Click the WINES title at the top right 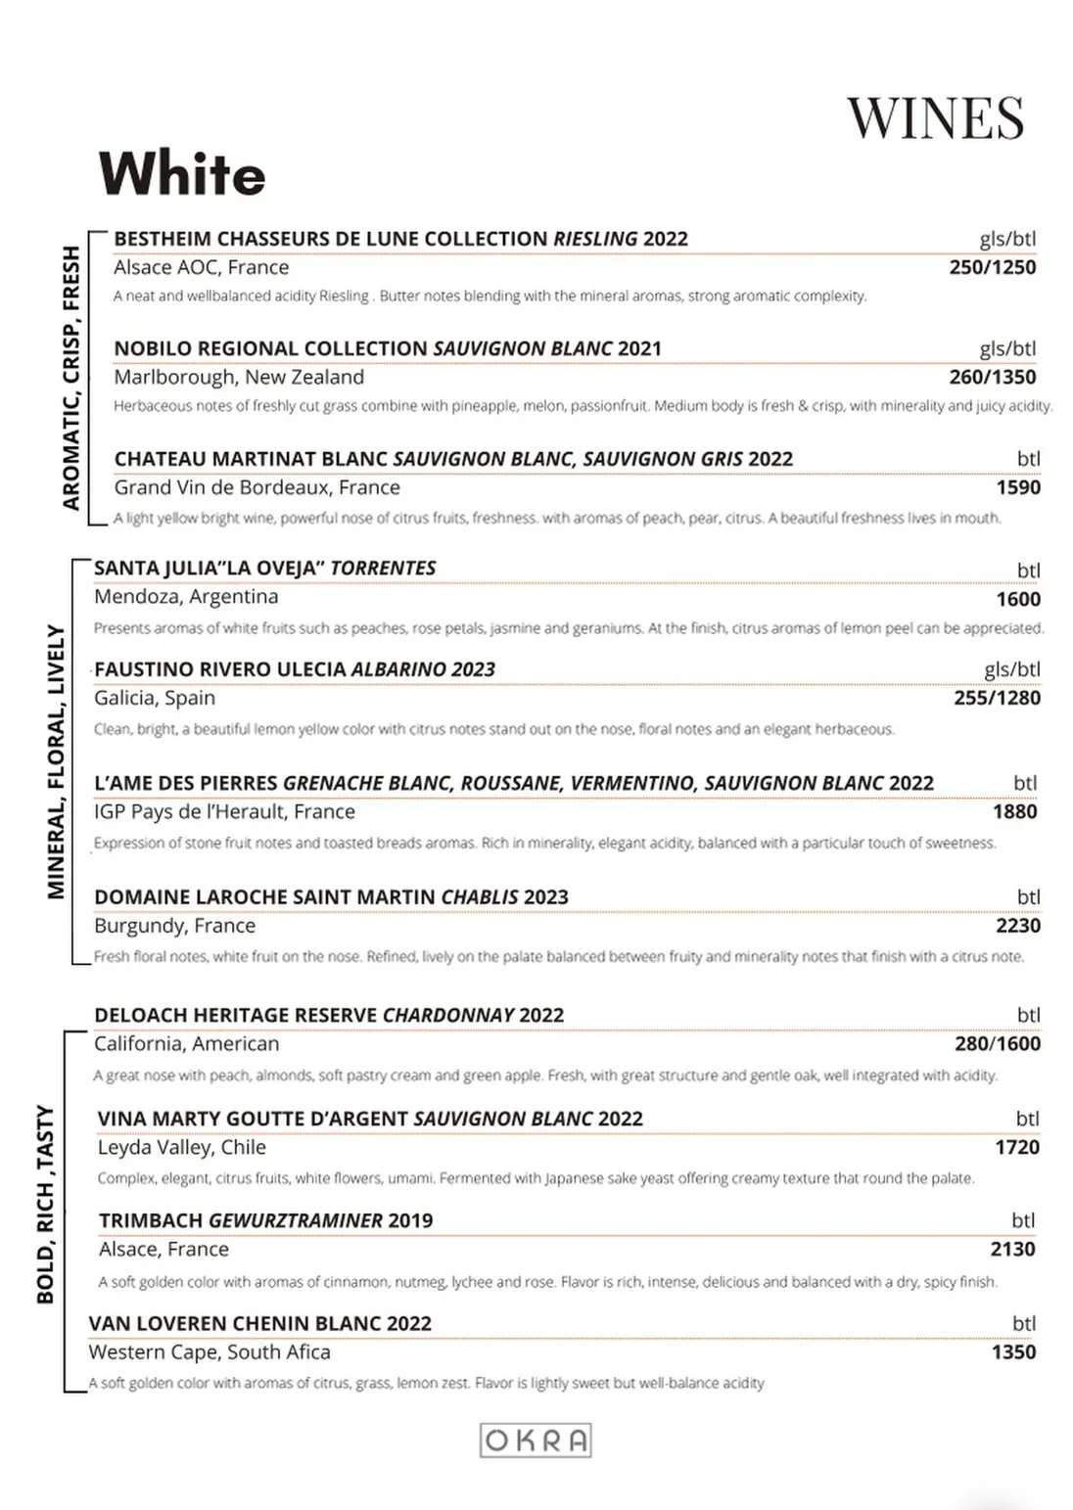point(935,118)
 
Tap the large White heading point(182,174)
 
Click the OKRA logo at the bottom point(536,1441)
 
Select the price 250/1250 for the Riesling point(992,267)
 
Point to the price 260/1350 point(992,377)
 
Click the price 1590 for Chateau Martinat point(1018,487)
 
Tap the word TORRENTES point(383,568)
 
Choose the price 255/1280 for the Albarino point(997,698)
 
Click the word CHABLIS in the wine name point(479,897)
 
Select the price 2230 point(1018,926)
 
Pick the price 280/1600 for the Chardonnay point(997,1043)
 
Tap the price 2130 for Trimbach point(1012,1249)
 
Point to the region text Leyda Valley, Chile point(182,1147)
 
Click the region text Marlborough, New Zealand point(239,377)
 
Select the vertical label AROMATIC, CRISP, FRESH point(70,378)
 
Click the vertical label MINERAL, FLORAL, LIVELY point(56,761)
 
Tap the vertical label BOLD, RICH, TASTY point(45,1204)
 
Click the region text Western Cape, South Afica point(210,1351)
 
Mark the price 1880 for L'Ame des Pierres point(1014,811)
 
